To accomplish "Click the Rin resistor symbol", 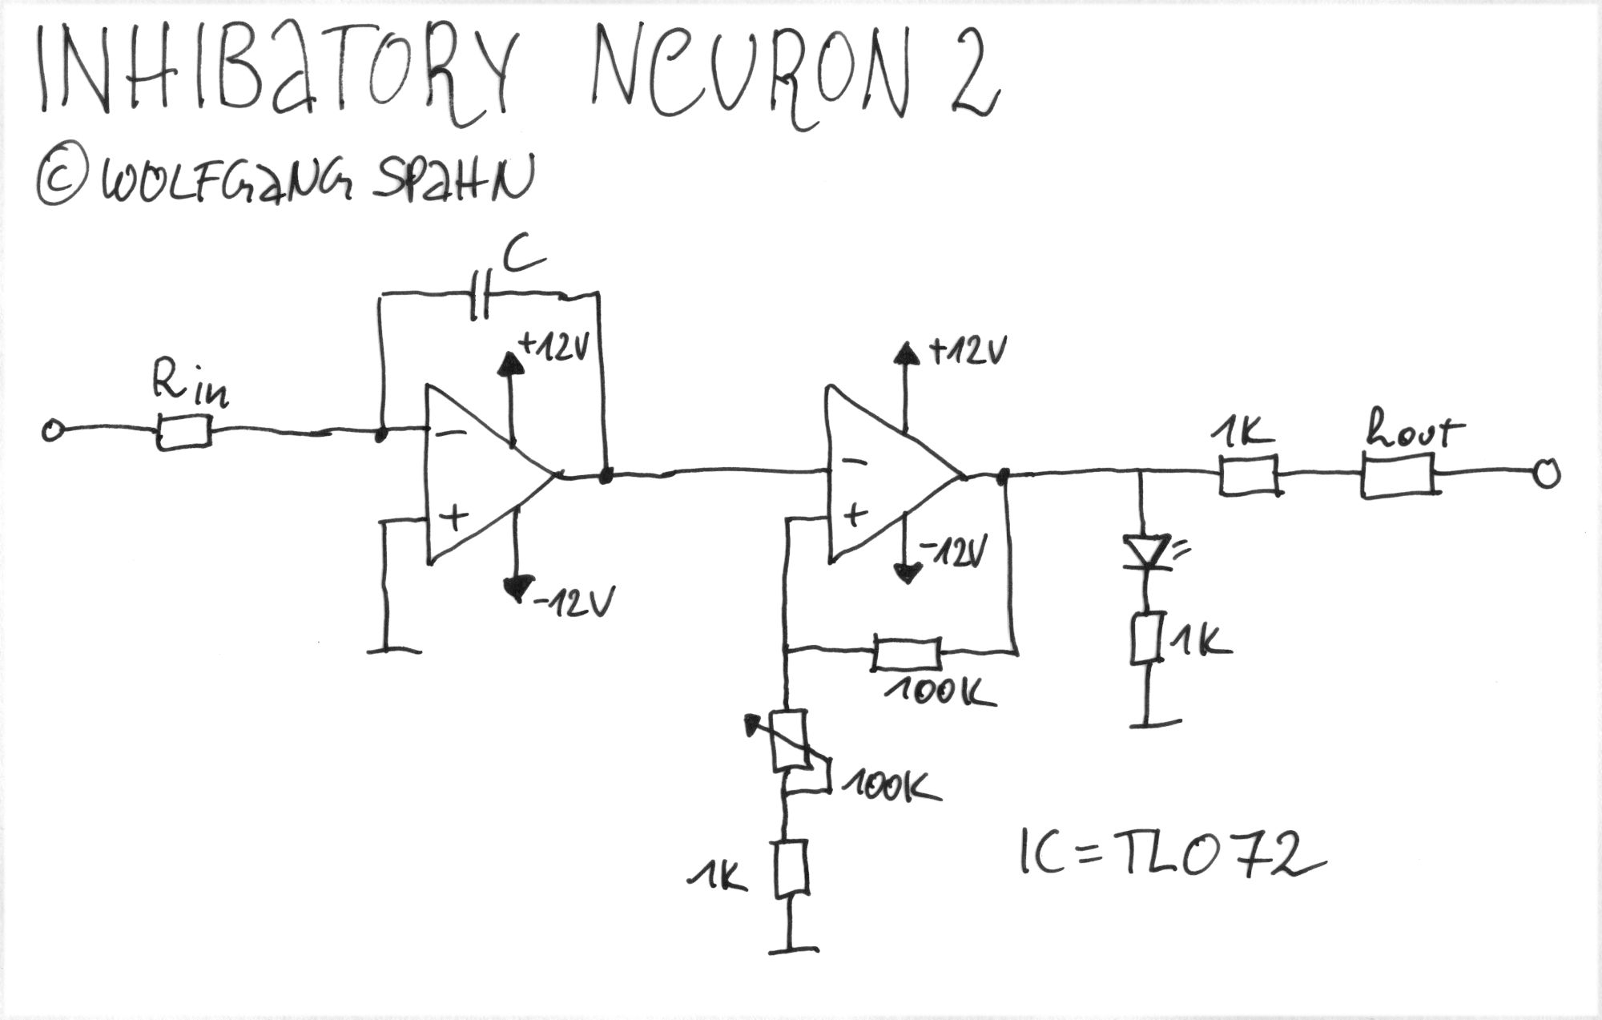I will point(183,432).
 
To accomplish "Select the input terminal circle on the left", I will point(52,432).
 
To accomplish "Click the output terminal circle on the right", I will point(1548,474).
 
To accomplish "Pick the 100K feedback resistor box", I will point(906,653).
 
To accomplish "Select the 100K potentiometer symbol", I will point(789,741).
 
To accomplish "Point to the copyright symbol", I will point(61,183).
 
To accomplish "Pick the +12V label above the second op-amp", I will point(967,351).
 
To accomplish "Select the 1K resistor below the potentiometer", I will point(790,869).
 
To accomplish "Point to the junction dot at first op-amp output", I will point(606,476).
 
